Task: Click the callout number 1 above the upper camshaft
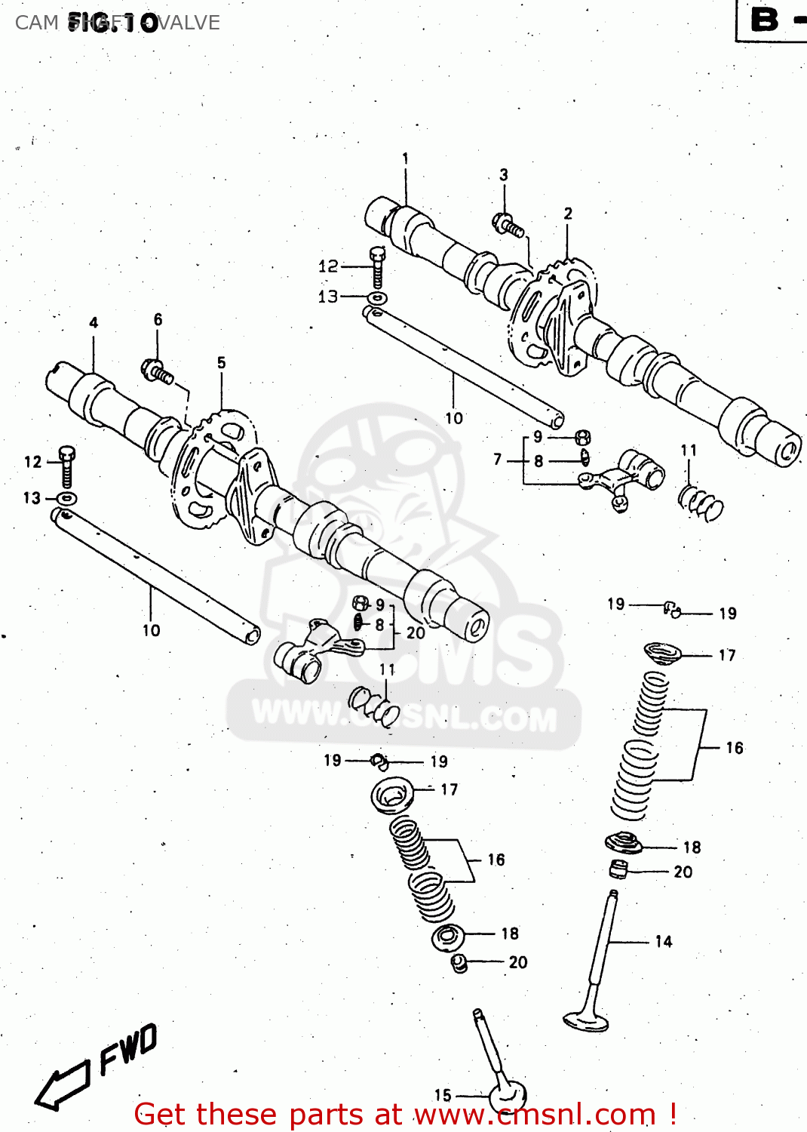click(x=405, y=158)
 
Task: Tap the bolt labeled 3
click(x=509, y=225)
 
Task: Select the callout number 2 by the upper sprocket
click(x=568, y=214)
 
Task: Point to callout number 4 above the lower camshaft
click(x=94, y=323)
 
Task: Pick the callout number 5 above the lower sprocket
click(x=221, y=363)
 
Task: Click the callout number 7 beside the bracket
click(x=498, y=459)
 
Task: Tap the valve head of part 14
click(x=585, y=1020)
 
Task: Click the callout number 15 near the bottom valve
click(x=443, y=1095)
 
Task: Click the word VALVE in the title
click(x=189, y=23)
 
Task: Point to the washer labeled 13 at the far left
click(x=67, y=498)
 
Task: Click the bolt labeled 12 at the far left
click(x=66, y=465)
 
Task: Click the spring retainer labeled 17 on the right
click(x=662, y=653)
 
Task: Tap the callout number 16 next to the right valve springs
click(x=734, y=748)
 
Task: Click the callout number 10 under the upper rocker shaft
click(x=454, y=418)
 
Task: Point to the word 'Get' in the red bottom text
click(x=161, y=1114)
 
